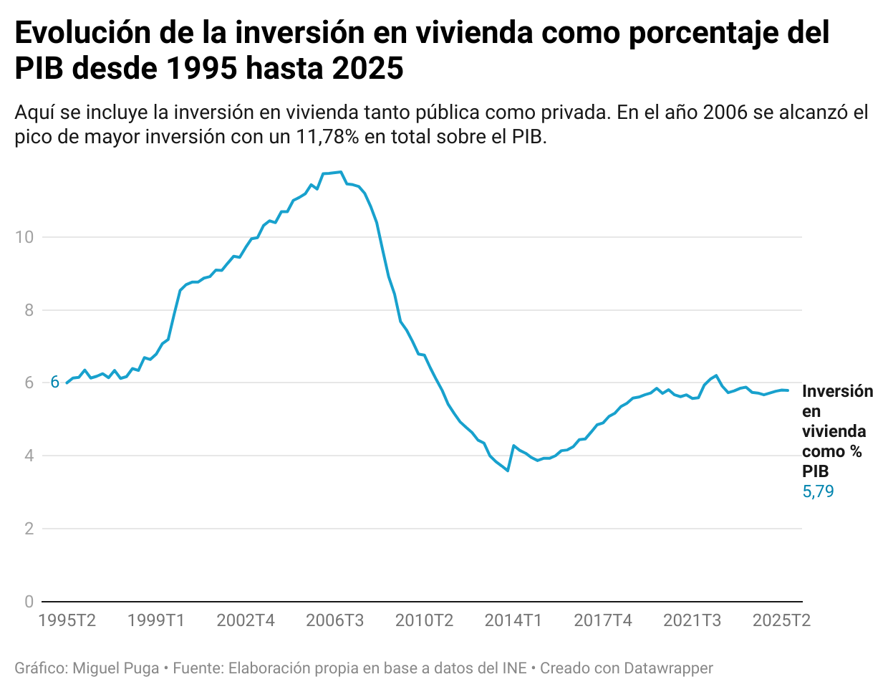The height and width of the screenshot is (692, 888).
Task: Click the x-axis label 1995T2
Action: [x=67, y=620]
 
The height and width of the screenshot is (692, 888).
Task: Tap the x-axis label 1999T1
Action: [x=156, y=620]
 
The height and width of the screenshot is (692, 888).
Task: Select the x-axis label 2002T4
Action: [x=246, y=620]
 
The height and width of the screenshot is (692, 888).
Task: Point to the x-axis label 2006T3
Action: [x=334, y=620]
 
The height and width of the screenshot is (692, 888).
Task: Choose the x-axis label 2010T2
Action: [x=424, y=620]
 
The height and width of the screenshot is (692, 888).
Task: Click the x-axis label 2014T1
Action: [x=513, y=620]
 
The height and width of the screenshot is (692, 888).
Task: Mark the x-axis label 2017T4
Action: [x=603, y=620]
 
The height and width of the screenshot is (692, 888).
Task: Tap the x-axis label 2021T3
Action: [x=692, y=620]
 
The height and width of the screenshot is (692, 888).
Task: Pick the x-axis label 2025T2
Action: [x=781, y=620]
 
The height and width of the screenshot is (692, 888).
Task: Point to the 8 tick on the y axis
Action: [x=29, y=310]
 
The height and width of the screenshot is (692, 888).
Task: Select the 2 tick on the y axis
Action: [x=29, y=529]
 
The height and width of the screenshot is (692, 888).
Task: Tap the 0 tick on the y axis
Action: [x=29, y=602]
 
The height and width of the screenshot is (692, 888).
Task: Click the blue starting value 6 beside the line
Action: [x=54, y=383]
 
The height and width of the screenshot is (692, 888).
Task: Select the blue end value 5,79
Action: [x=818, y=491]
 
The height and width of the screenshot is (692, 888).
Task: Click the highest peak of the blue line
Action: [x=341, y=172]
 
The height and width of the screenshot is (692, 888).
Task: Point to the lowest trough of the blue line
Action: [x=508, y=471]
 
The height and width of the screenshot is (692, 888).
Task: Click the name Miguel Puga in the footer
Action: [x=116, y=668]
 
